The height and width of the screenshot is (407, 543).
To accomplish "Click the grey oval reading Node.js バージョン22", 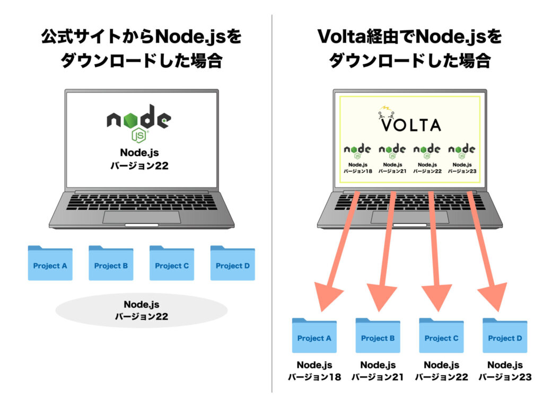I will (x=141, y=311).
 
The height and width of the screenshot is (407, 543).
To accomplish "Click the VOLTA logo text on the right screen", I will (x=410, y=125).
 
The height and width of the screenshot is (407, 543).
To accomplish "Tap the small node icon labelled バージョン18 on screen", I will (x=357, y=151).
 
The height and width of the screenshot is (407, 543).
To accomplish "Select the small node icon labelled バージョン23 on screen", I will (x=461, y=151).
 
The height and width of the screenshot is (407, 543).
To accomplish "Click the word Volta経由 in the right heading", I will (x=351, y=38).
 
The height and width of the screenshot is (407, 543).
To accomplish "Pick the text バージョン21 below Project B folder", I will (x=378, y=377).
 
